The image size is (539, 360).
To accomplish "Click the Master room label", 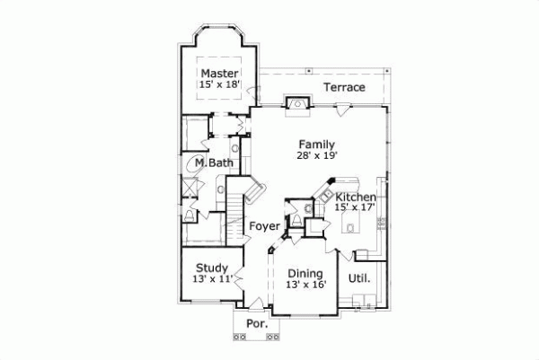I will coord(219,73).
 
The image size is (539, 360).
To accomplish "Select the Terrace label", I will coord(344,88).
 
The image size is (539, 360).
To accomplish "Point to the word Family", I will coord(317,144).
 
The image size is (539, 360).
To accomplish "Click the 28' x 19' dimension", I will coord(317,155).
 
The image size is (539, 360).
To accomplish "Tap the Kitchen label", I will coord(356,197).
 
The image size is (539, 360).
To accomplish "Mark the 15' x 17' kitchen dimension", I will coord(356,207).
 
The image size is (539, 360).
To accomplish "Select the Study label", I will coord(212,268).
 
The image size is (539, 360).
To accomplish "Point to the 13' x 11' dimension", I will coord(212,279).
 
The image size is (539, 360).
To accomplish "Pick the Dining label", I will coord(305,273).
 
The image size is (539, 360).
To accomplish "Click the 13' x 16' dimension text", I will coord(305,285).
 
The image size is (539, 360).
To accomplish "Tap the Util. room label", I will coord(360,278).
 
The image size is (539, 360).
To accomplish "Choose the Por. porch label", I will coord(257,323).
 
